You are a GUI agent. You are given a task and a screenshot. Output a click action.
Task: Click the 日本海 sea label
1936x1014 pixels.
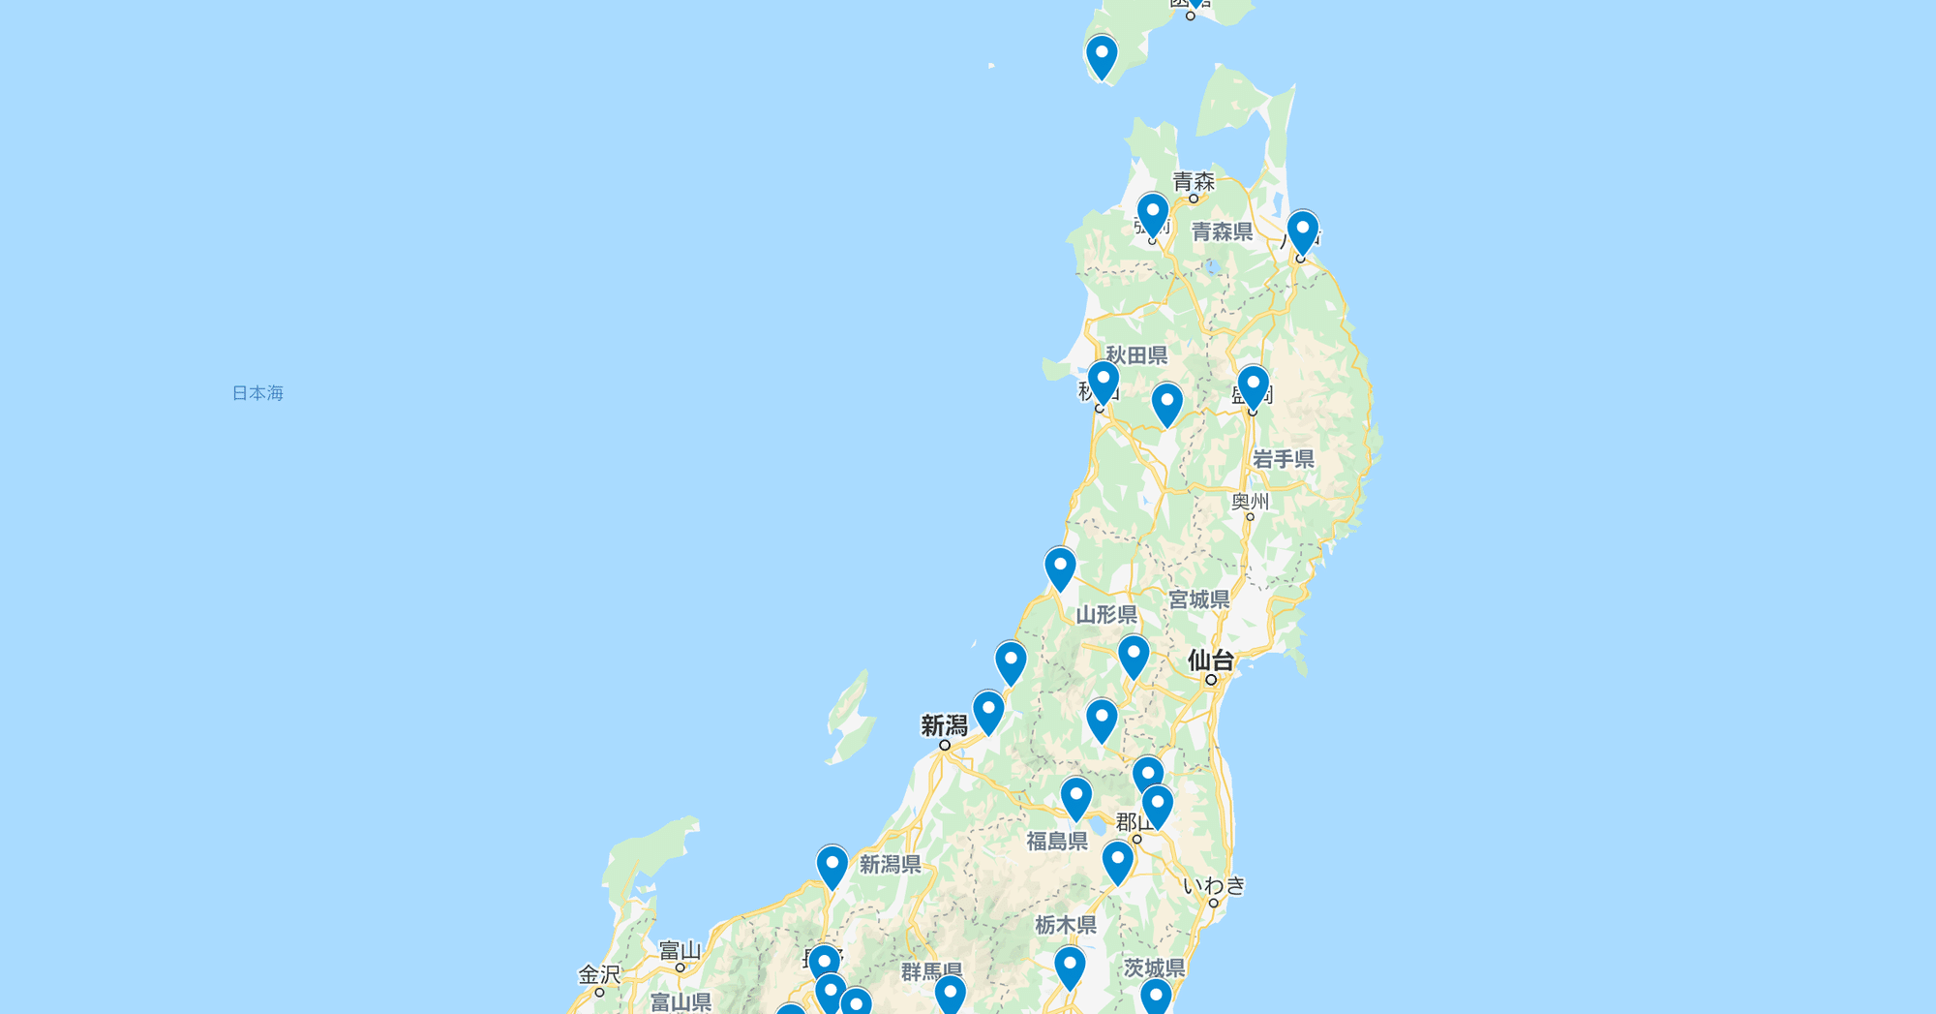[x=257, y=393]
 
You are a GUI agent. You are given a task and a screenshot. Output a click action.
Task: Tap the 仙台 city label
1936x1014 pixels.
[x=1210, y=661]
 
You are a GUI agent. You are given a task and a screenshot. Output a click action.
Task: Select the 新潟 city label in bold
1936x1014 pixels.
[x=944, y=725]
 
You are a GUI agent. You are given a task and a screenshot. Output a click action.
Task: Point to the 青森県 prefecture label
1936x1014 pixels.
[x=1222, y=232]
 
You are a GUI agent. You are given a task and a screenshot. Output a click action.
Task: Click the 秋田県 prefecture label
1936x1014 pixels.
[x=1136, y=355]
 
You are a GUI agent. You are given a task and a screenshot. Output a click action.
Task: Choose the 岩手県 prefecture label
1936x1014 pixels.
[x=1283, y=459]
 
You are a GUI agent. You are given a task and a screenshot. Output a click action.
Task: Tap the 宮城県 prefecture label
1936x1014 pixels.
[x=1198, y=600]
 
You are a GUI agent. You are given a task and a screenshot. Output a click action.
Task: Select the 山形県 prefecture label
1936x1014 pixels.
[x=1106, y=615]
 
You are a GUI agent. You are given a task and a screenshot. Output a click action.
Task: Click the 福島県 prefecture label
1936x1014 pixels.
[x=1057, y=842]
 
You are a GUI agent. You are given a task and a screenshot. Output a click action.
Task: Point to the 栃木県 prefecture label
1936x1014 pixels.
[x=1065, y=926]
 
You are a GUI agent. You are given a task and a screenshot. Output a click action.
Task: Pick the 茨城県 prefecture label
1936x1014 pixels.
[x=1154, y=968]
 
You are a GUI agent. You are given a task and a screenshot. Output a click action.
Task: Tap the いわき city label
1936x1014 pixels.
[x=1214, y=885]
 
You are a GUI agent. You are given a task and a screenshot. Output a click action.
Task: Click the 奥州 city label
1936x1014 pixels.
[x=1250, y=502]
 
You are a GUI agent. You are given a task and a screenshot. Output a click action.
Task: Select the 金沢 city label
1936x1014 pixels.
[x=598, y=974]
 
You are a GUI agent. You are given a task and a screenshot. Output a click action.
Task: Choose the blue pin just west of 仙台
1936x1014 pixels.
[x=1133, y=655]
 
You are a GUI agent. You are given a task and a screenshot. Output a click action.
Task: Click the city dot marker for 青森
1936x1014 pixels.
[x=1194, y=199]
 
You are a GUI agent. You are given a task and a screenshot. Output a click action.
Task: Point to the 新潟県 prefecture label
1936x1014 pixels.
[x=890, y=865]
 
